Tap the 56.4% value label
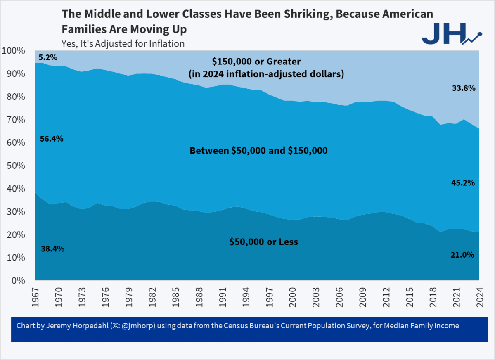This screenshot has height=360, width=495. [x=52, y=139]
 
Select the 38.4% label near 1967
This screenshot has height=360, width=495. [x=52, y=249]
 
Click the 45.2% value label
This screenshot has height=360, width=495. [x=463, y=183]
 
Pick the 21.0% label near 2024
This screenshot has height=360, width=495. [x=462, y=255]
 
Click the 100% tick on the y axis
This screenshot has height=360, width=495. [x=13, y=51]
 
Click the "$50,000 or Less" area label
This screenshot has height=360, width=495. [x=263, y=242]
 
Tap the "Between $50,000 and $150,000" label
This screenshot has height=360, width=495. [x=258, y=151]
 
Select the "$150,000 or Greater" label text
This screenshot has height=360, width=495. [x=256, y=62]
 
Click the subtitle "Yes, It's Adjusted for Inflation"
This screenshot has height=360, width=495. [x=123, y=43]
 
